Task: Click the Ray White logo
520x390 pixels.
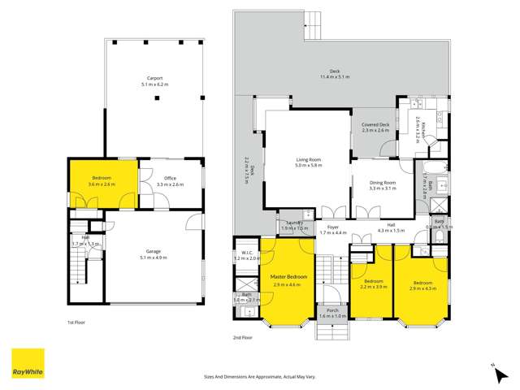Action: coord(28,363)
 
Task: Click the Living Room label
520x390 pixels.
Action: coord(309,162)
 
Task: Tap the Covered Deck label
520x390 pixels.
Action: coord(375,125)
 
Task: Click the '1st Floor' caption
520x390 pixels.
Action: coord(77,322)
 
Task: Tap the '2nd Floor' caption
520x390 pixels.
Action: coord(243,336)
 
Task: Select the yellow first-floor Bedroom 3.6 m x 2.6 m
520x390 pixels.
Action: coord(102,181)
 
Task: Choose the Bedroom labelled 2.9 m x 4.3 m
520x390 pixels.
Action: coord(421,284)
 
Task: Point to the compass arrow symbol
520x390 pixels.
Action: coord(493,367)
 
